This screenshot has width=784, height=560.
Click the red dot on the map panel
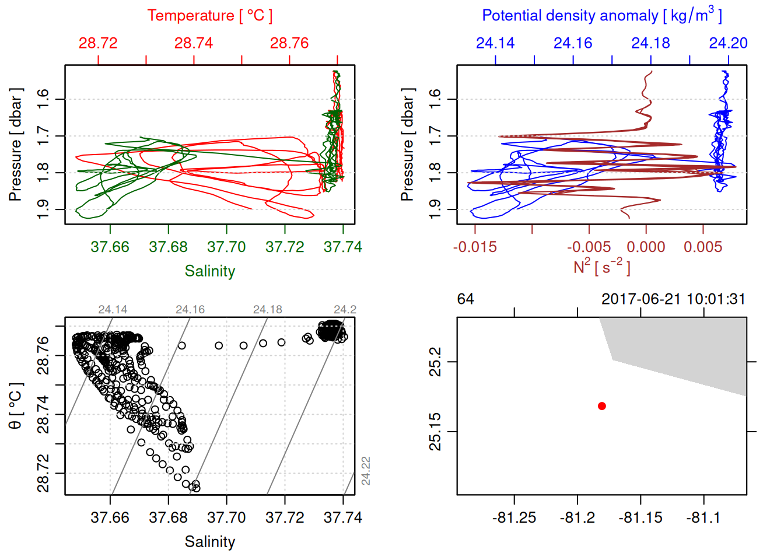602,406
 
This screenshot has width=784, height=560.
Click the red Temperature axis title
210,16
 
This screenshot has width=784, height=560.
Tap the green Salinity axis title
210,271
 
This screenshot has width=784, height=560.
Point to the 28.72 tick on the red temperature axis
98,43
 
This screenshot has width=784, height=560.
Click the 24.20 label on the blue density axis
728,43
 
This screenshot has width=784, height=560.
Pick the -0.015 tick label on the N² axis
475,247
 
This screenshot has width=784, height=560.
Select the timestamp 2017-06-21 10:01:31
673,299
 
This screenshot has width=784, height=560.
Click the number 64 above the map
466,299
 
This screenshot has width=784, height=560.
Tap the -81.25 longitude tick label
514,518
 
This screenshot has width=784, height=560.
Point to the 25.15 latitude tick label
436,432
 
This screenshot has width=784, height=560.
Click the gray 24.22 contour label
366,471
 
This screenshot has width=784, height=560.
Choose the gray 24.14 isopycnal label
113,310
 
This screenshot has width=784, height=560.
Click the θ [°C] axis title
16,406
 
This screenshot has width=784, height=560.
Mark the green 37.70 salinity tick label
226,247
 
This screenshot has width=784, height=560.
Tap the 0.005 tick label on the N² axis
703,247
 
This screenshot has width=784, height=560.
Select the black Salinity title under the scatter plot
210,542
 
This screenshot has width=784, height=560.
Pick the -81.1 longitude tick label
703,518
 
